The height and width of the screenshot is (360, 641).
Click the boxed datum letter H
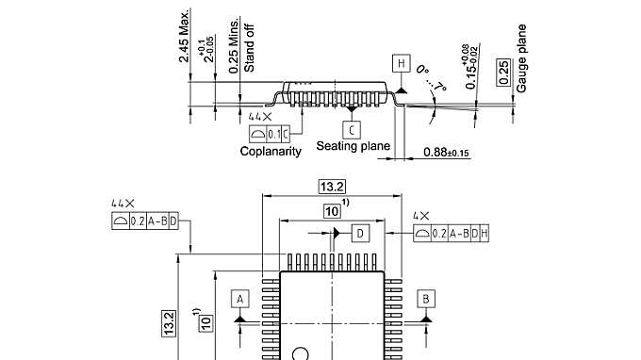(x=403, y=63)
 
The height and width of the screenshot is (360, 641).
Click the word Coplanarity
(x=270, y=151)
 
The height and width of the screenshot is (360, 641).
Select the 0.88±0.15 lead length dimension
(x=447, y=153)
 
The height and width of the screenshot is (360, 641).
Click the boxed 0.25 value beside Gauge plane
(x=503, y=70)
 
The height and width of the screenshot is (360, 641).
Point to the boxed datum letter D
(x=360, y=232)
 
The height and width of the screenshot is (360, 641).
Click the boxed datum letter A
(x=239, y=299)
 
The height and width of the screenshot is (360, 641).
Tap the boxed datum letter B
(x=427, y=299)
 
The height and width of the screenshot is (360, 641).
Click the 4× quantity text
(x=421, y=216)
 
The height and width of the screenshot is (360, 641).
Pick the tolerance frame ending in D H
(x=452, y=233)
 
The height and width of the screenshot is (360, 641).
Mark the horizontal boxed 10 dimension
(x=332, y=212)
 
